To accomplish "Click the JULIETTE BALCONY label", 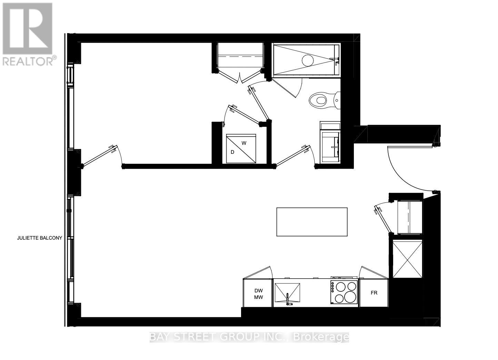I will tap(39, 238).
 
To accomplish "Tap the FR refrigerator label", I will tap(374, 293).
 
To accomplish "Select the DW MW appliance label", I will tap(258, 294).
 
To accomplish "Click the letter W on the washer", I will tap(244, 143).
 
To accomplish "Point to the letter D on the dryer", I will tap(232, 152).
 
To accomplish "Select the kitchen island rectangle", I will tap(312, 222).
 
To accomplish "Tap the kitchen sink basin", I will tap(287, 293).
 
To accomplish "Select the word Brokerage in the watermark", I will tap(321, 337).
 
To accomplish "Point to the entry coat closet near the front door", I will tap(409, 217).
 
